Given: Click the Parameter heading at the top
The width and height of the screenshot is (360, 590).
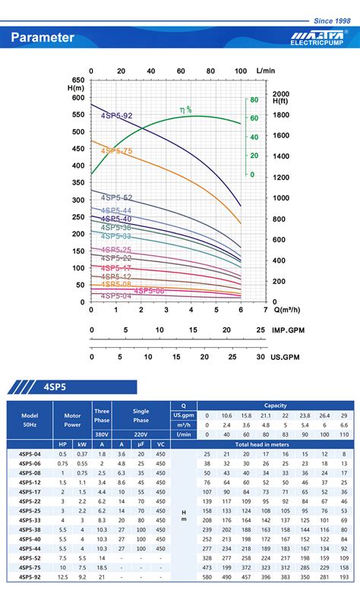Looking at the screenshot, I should point(43,37).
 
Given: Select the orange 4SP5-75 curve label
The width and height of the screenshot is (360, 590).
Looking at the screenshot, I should point(116,151).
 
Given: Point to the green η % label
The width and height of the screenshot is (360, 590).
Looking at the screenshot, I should point(185,110).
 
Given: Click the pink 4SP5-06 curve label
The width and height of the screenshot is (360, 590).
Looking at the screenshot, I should point(149,290).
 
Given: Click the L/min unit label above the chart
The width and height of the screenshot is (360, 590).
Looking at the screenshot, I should point(266,71).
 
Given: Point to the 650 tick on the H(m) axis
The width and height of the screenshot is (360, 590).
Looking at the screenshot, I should point(78,80).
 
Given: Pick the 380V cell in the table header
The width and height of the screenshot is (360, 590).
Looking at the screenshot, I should point(102,434).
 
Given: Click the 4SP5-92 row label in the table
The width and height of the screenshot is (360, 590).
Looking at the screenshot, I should point(30,576).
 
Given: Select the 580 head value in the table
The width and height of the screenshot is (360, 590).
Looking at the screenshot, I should point(207,576).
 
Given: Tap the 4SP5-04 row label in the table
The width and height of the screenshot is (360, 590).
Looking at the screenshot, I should point(30,453).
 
